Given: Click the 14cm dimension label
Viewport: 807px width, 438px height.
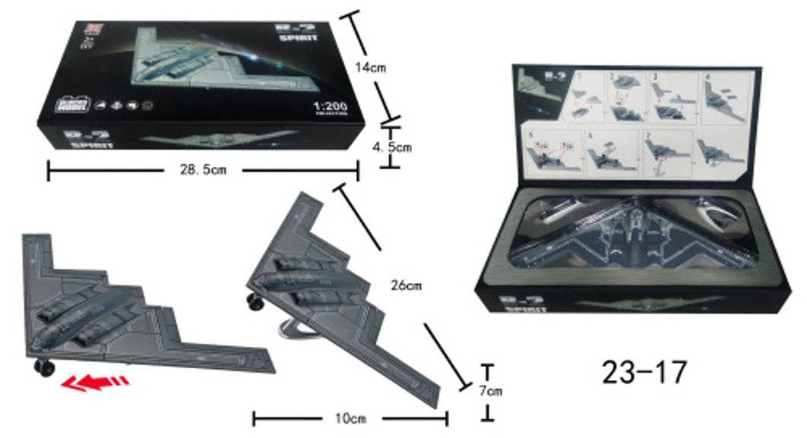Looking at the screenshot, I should click(370, 68).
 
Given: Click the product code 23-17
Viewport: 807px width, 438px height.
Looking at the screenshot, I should click(644, 371).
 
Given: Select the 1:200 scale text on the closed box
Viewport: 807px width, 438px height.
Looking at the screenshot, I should click(330, 106).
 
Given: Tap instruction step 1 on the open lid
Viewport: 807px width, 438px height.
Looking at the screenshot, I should click(590, 95).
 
